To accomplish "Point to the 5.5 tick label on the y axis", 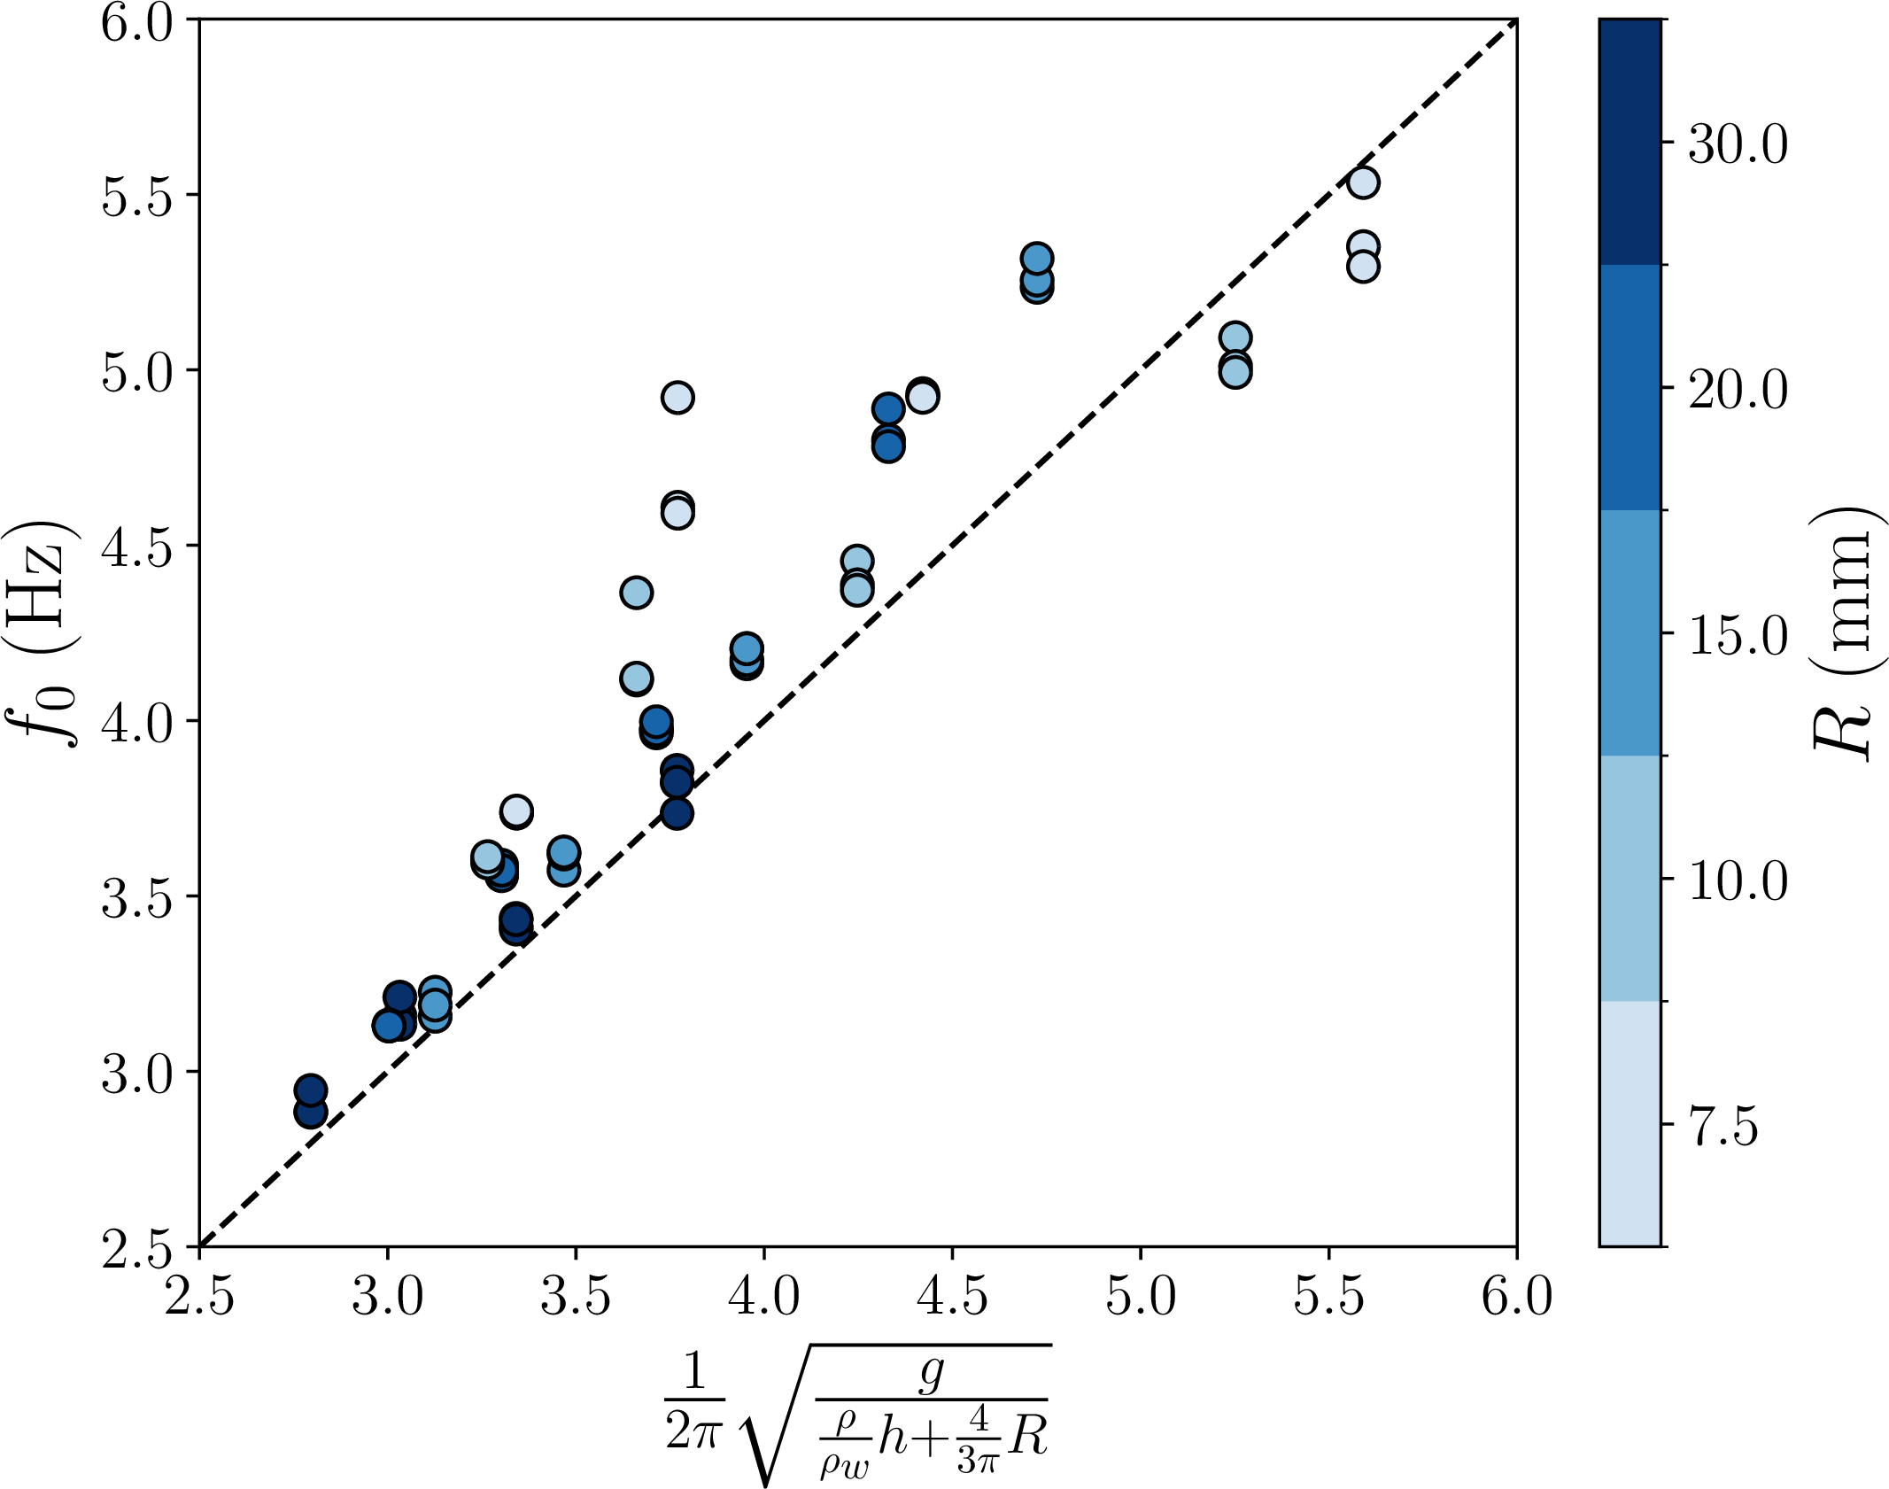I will (x=135, y=196).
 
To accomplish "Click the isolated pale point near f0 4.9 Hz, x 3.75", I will (x=677, y=398).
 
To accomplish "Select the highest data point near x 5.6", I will (x=1363, y=182).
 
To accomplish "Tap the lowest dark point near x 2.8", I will (x=311, y=1112).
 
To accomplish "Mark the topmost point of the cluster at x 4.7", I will (x=1036, y=259).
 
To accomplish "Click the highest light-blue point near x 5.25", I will (x=1235, y=337).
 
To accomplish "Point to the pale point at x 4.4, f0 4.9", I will (x=922, y=396).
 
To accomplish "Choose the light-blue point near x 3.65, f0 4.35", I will (x=636, y=592).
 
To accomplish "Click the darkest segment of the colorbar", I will (x=1630, y=142).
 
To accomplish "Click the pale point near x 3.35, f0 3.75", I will (x=516, y=810).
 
